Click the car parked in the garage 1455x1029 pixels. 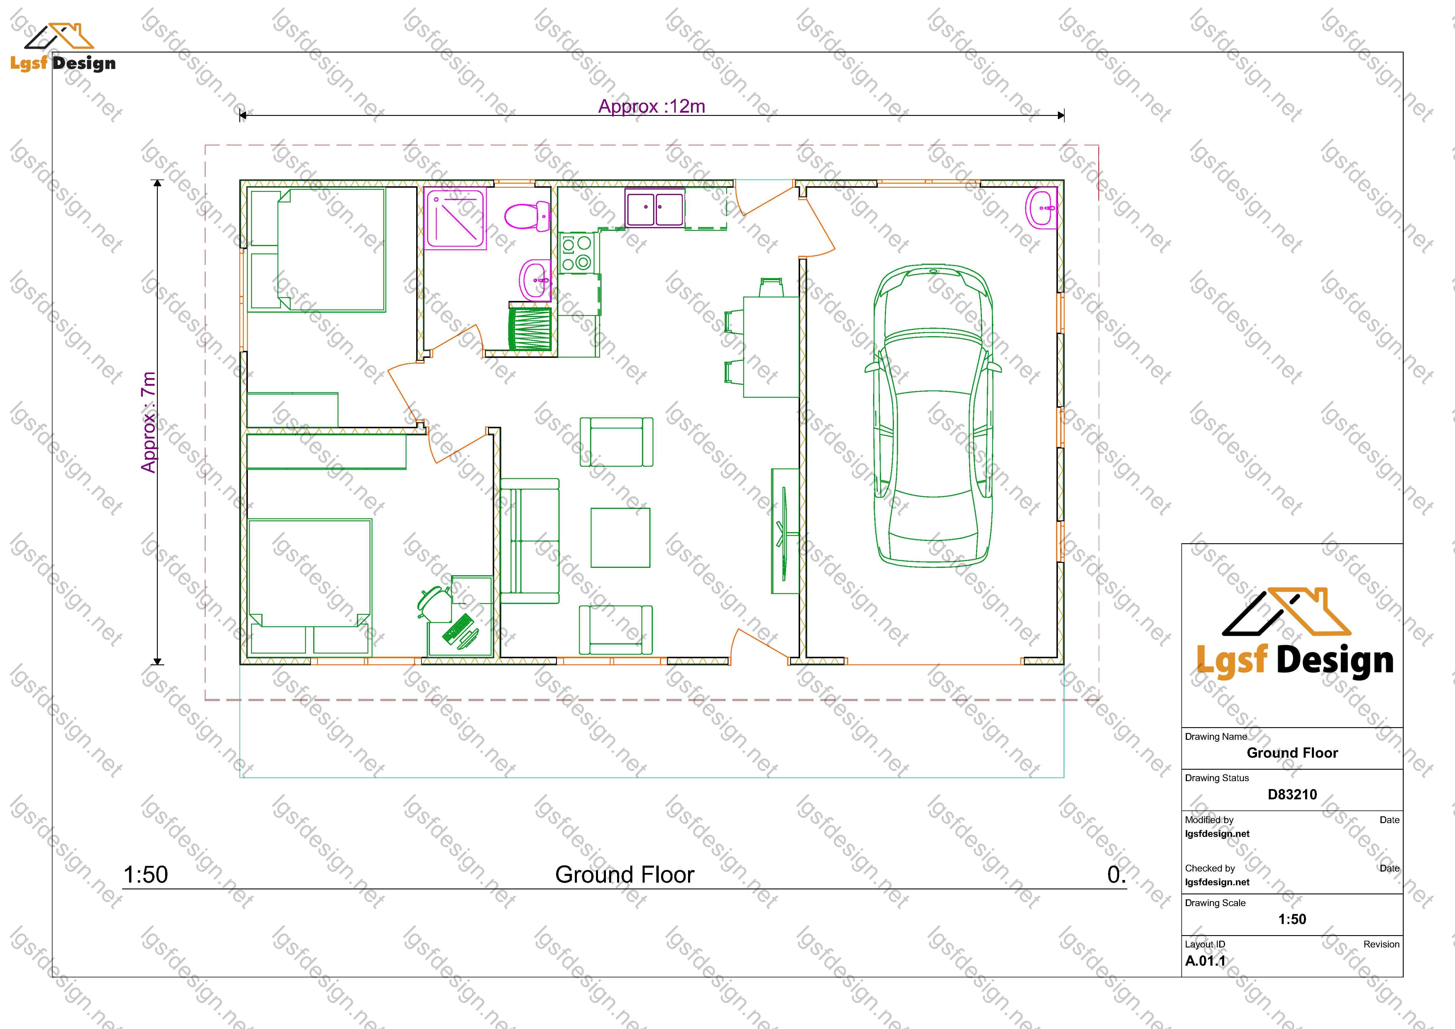tap(933, 415)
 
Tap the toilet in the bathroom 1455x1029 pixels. tap(527, 216)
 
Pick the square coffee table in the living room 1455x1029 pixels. tap(620, 537)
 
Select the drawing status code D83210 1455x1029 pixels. tap(1292, 795)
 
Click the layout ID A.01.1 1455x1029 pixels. tap(1205, 961)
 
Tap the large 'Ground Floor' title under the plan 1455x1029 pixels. tap(625, 875)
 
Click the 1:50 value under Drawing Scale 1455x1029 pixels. tap(1292, 919)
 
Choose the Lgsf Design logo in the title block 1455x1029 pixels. tap(1295, 634)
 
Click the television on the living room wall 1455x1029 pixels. tap(785, 531)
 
